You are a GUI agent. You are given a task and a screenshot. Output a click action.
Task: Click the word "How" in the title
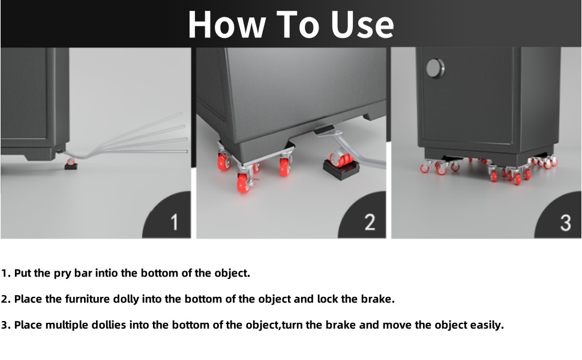click(226, 25)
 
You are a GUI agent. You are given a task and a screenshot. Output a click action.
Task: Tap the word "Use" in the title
click(362, 25)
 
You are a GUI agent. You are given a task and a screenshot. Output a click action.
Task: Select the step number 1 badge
click(167, 215)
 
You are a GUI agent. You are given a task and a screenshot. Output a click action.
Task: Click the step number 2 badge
click(362, 215)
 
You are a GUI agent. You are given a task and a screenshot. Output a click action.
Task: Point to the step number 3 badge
click(558, 215)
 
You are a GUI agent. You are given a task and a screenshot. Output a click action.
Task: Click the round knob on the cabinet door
click(435, 68)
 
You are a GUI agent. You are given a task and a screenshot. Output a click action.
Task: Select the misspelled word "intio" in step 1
click(107, 273)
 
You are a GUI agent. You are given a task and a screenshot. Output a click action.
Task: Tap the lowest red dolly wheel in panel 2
click(243, 184)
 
